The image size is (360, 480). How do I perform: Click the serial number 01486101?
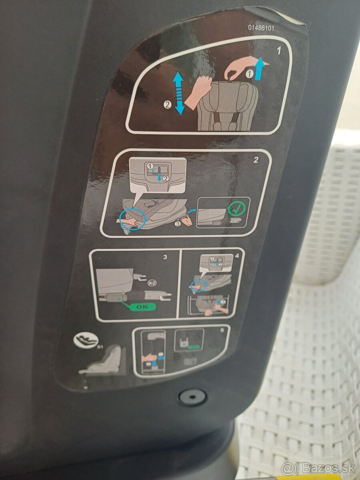tap(261, 28)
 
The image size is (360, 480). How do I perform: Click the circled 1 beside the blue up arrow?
tap(249, 74)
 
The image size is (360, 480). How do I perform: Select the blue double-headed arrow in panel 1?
tap(178, 93)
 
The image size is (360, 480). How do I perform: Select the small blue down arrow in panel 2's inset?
tap(160, 177)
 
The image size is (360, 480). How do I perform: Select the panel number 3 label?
tap(165, 257)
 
